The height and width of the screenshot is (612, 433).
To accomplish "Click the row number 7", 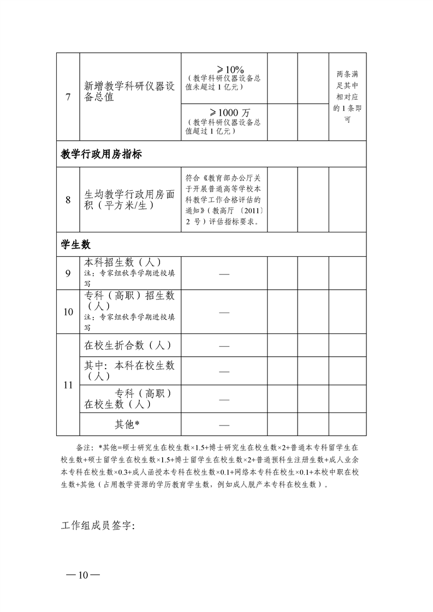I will pyautogui.click(x=68, y=97).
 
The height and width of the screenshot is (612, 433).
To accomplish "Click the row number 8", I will pyautogui.click(x=68, y=200).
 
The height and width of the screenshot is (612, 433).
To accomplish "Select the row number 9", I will pyautogui.click(x=68, y=273).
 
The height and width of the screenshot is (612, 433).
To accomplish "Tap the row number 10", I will pyautogui.click(x=68, y=312).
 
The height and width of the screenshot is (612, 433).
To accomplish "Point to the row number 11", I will pyautogui.click(x=68, y=385).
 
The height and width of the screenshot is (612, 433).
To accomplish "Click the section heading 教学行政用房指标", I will pyautogui.click(x=102, y=154).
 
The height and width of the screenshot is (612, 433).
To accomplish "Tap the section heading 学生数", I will pyautogui.click(x=75, y=244).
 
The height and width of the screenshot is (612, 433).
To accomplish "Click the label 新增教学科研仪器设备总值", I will pyautogui.click(x=129, y=92).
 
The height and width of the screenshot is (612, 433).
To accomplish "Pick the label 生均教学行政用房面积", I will pyautogui.click(x=129, y=200).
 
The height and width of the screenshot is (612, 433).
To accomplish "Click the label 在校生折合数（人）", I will pyautogui.click(x=128, y=345).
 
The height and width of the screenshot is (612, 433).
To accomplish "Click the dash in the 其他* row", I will pyautogui.click(x=224, y=424).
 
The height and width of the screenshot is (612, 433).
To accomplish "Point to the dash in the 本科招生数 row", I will pyautogui.click(x=224, y=273).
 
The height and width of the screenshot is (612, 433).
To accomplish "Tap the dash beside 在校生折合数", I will pyautogui.click(x=224, y=346).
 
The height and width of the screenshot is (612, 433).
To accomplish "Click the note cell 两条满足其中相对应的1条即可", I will pyautogui.click(x=347, y=97).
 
